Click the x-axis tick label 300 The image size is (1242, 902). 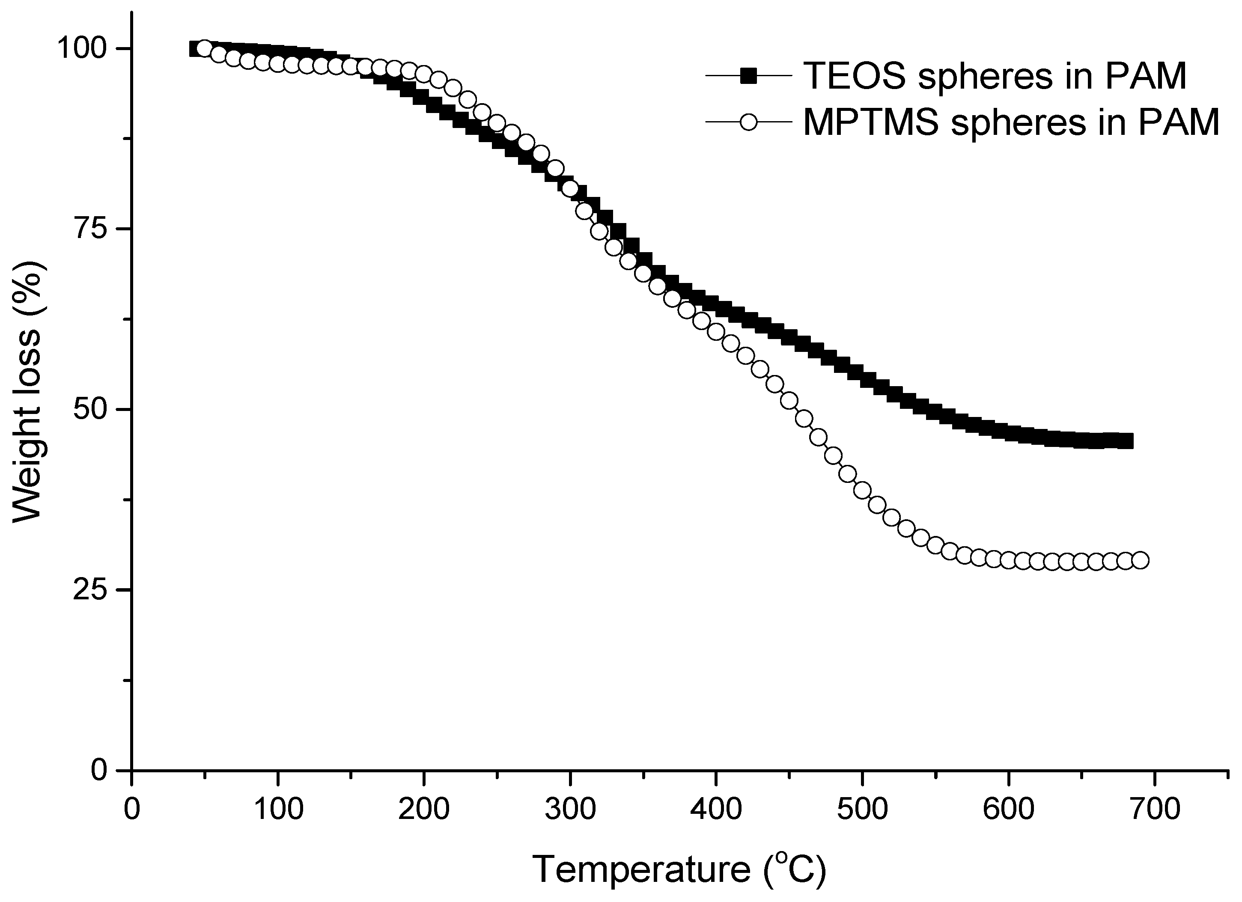click(570, 810)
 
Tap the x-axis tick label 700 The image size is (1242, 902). click(1154, 810)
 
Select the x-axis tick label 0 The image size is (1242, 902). click(132, 810)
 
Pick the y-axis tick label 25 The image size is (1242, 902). click(90, 590)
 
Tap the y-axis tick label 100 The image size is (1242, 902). click(82, 49)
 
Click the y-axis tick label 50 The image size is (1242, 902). click(90, 410)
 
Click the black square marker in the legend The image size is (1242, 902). click(748, 76)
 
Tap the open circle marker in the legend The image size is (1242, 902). click(748, 122)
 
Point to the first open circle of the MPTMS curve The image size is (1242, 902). click(204, 49)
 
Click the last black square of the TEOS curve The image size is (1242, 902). click(1126, 441)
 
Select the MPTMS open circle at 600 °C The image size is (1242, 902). click(1008, 560)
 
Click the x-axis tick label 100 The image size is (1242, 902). click(278, 810)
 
